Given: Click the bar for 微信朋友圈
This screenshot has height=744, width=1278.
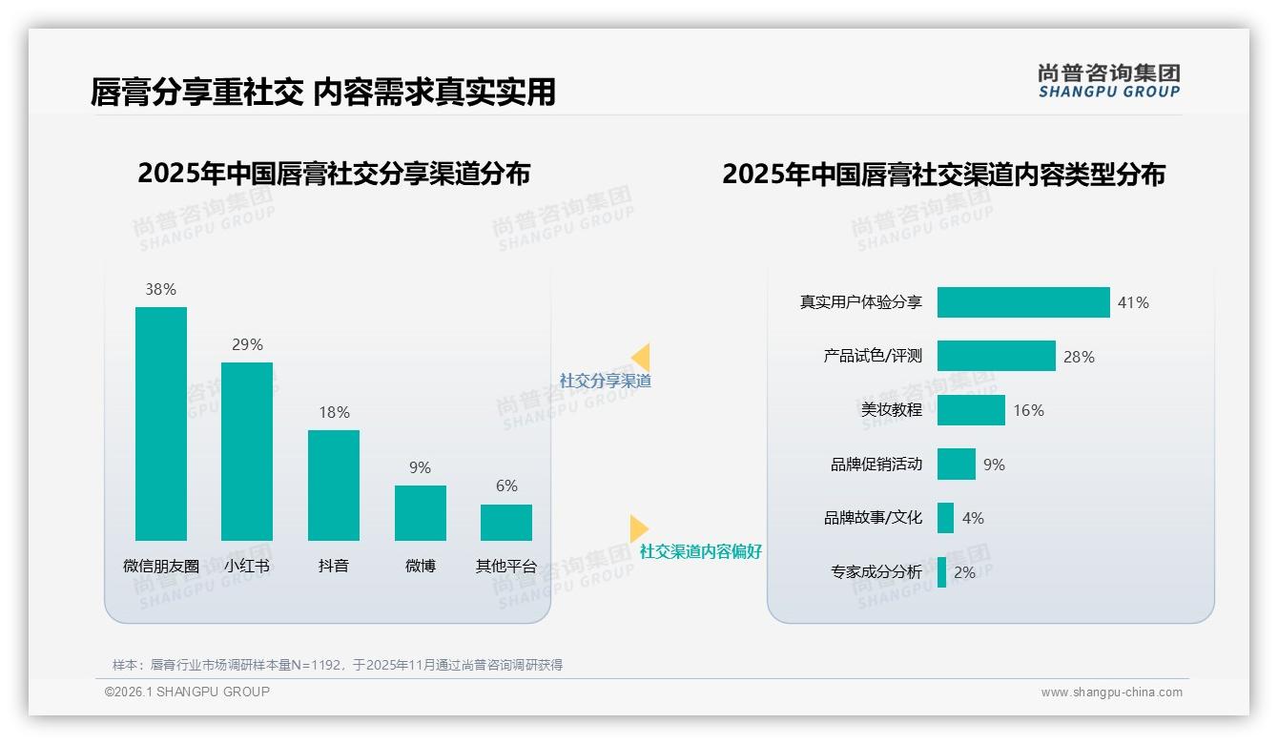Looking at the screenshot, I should [x=161, y=424].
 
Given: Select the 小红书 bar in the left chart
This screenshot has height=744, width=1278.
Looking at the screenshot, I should [x=247, y=451].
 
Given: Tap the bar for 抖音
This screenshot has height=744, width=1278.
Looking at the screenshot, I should [x=334, y=485].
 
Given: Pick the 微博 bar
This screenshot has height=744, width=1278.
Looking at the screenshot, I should [x=421, y=512].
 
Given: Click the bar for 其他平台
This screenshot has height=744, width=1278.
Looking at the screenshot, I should [x=506, y=522].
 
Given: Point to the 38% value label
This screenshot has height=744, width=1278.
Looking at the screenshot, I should [x=161, y=289].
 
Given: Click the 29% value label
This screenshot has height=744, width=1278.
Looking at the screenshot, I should [x=247, y=344].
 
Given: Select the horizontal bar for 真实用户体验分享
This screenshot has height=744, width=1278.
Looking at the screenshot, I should [x=1023, y=302].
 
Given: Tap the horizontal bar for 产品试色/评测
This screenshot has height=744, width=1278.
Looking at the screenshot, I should [x=996, y=356].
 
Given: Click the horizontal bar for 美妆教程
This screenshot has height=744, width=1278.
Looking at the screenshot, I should [x=971, y=410].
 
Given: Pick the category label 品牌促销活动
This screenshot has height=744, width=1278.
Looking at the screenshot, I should [x=876, y=465].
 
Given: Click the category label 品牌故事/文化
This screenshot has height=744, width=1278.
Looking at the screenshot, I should [x=873, y=518].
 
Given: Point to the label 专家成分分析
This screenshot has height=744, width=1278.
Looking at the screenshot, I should [x=876, y=572].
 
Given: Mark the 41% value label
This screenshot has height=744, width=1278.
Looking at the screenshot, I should [x=1133, y=302].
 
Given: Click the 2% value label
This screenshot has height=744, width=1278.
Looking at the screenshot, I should [x=964, y=572].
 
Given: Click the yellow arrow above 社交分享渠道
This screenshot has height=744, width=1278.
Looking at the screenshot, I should [x=641, y=358].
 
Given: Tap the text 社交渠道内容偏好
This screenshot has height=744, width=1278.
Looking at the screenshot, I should [x=700, y=551].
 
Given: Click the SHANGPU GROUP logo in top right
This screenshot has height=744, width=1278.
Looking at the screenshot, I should [x=1108, y=80].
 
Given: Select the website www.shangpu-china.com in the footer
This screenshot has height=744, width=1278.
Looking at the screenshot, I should [x=1111, y=692].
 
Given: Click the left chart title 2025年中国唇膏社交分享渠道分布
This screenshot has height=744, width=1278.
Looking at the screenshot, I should [x=334, y=174].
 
